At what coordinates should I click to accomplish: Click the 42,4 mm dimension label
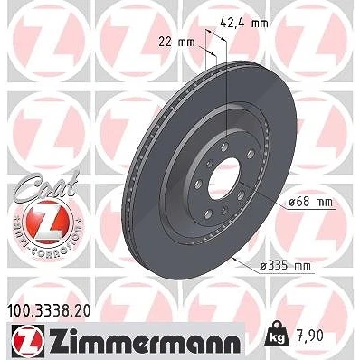click(244, 23)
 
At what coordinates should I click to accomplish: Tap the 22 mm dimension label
click(176, 43)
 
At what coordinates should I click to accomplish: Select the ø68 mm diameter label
click(309, 202)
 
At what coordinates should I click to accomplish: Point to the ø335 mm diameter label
click(285, 266)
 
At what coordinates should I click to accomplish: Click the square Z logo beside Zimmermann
click(28, 340)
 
